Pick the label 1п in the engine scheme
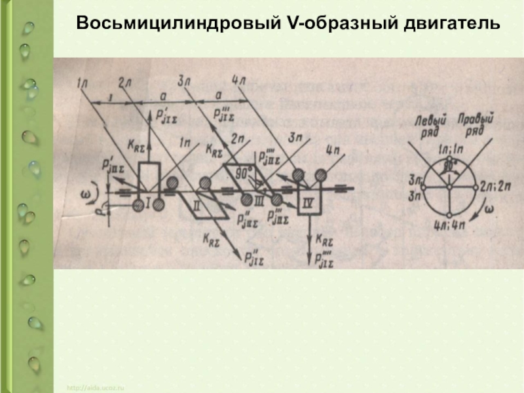click(185, 140)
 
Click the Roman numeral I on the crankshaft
click(149, 206)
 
